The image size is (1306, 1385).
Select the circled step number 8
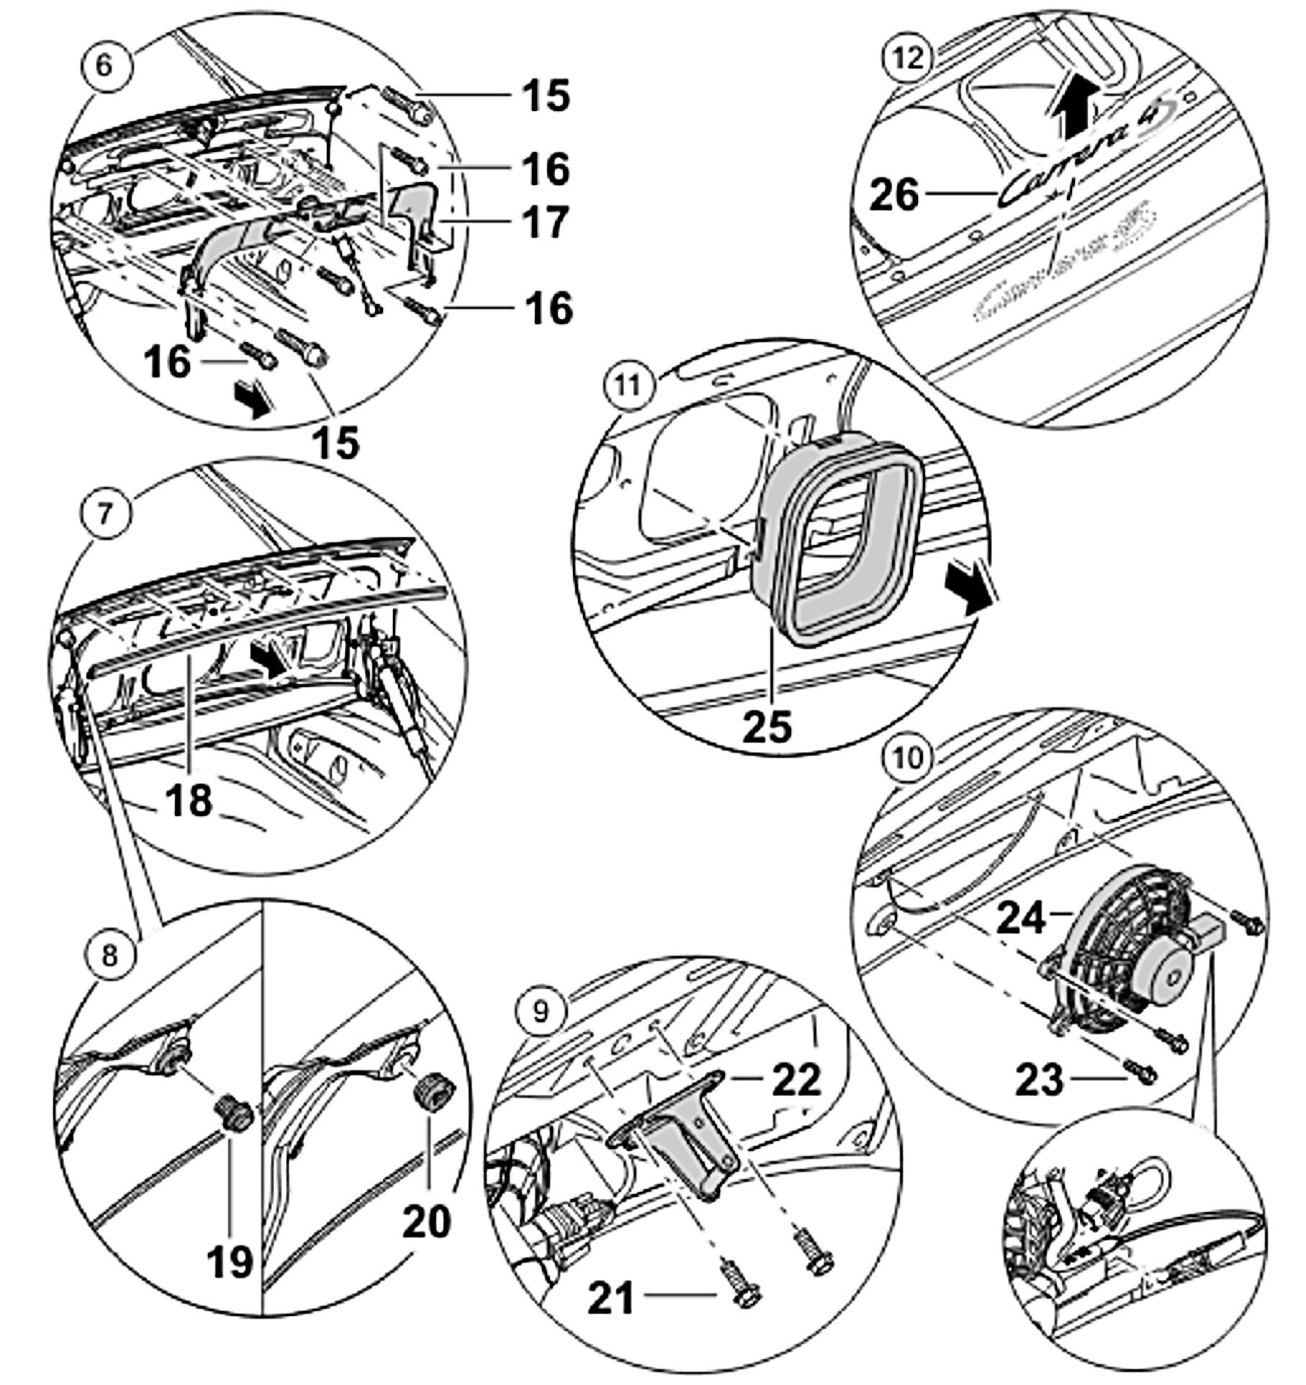pos(108,956)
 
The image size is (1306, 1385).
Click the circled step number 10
pos(911,757)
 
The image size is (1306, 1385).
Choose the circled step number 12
pos(911,58)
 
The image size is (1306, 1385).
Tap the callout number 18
pos(189,799)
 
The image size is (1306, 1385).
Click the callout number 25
pos(767,726)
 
